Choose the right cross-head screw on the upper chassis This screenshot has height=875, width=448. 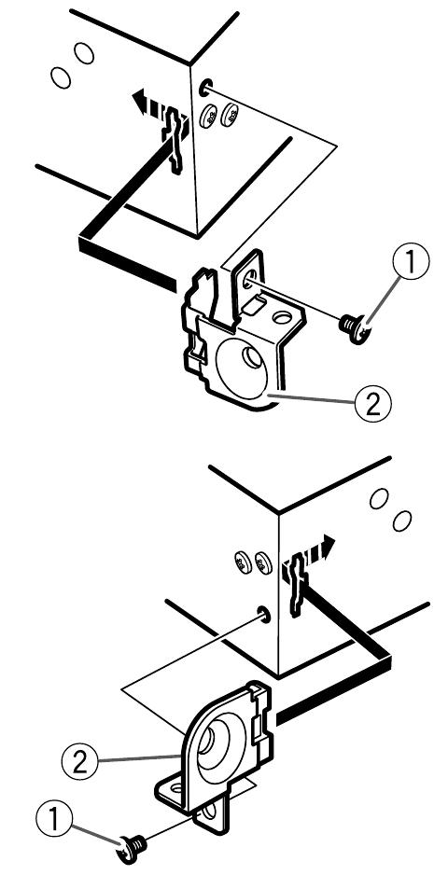230,117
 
